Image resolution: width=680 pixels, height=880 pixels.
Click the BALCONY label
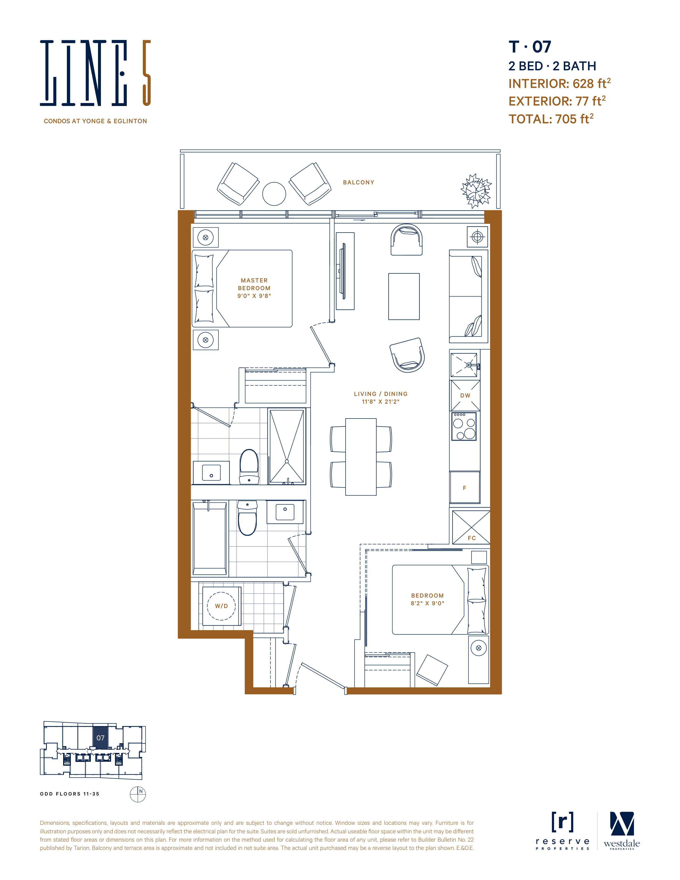point(359,183)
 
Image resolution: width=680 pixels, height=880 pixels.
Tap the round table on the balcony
point(274,194)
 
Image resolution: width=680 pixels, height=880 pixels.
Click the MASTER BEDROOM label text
point(254,284)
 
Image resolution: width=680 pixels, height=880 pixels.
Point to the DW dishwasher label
point(465,396)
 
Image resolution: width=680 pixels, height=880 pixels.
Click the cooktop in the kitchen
point(464,426)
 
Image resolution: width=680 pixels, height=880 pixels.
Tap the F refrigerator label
point(465,488)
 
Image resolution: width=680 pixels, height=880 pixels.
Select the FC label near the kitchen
point(472,538)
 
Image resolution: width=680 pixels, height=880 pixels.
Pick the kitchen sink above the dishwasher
point(464,365)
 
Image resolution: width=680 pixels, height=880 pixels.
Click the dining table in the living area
point(361,457)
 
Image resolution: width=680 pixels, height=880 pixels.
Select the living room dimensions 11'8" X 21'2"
point(381,402)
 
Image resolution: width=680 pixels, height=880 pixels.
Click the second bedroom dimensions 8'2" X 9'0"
point(427,603)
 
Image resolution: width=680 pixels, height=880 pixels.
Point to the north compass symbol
point(138,794)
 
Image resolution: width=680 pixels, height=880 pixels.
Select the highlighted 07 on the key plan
point(100,738)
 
